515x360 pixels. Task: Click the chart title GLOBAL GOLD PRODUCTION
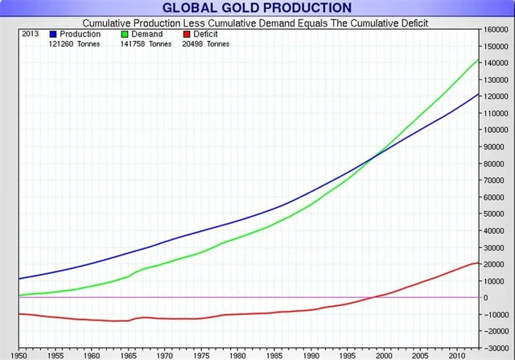click(257, 8)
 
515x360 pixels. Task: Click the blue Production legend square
click(53, 35)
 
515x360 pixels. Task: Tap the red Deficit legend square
click(187, 35)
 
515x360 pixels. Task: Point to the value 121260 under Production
click(61, 43)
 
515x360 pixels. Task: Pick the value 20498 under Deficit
click(194, 43)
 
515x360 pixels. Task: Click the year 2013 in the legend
click(29, 35)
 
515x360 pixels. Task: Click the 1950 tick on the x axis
click(19, 354)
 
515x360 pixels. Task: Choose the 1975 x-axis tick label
click(202, 354)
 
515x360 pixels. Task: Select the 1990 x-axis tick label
click(312, 354)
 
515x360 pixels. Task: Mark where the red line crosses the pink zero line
click(372, 297)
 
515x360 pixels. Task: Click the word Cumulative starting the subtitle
click(107, 23)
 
